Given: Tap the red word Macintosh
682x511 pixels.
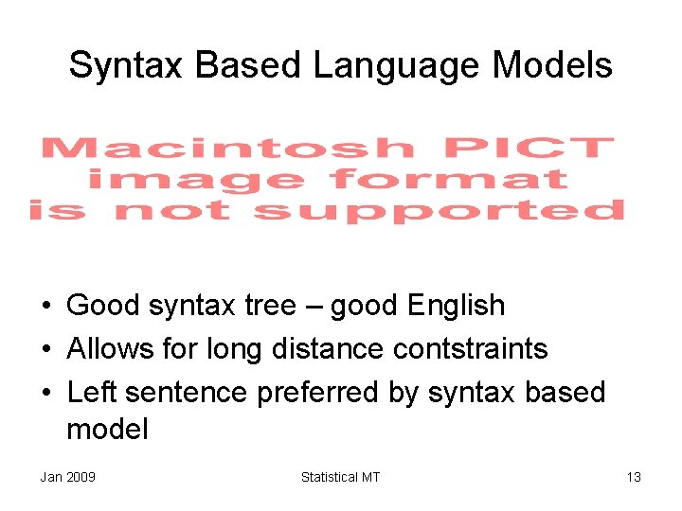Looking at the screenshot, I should pos(228,149).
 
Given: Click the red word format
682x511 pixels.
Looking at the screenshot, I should pos(449,179).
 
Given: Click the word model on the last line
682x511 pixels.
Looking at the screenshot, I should pos(107,430).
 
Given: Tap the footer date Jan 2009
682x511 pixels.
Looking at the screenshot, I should pos(67,477).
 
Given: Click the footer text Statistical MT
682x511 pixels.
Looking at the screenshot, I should pos(340,477).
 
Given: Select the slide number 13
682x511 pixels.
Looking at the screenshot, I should pos(634,477).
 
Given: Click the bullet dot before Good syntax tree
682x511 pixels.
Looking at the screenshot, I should pos(45,307).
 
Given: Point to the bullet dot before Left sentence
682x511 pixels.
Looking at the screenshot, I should pos(45,392).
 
